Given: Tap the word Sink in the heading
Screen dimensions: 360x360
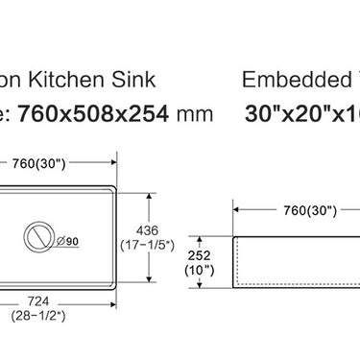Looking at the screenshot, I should (x=133, y=80).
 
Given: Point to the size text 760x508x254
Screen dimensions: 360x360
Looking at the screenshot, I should (x=107, y=113).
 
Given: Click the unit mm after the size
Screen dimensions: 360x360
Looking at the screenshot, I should (x=195, y=113).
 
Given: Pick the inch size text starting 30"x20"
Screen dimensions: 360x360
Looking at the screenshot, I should (x=307, y=113).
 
